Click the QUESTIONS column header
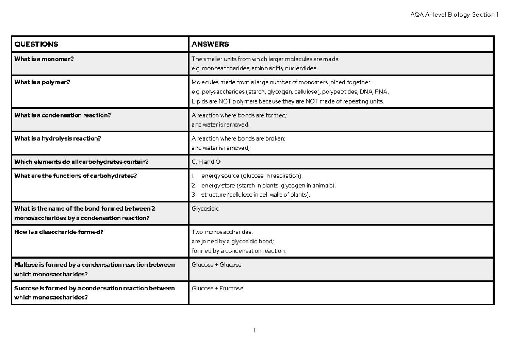pos(36,44)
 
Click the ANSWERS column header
pos(210,44)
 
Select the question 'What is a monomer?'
pos(44,59)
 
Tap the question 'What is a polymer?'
pos(42,82)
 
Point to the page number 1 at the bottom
pos(255,330)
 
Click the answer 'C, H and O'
pos(206,162)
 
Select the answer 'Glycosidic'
pos(206,209)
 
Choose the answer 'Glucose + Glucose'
pos(217,264)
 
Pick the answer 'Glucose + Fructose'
pos(218,288)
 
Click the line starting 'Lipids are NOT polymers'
pos(287,101)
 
